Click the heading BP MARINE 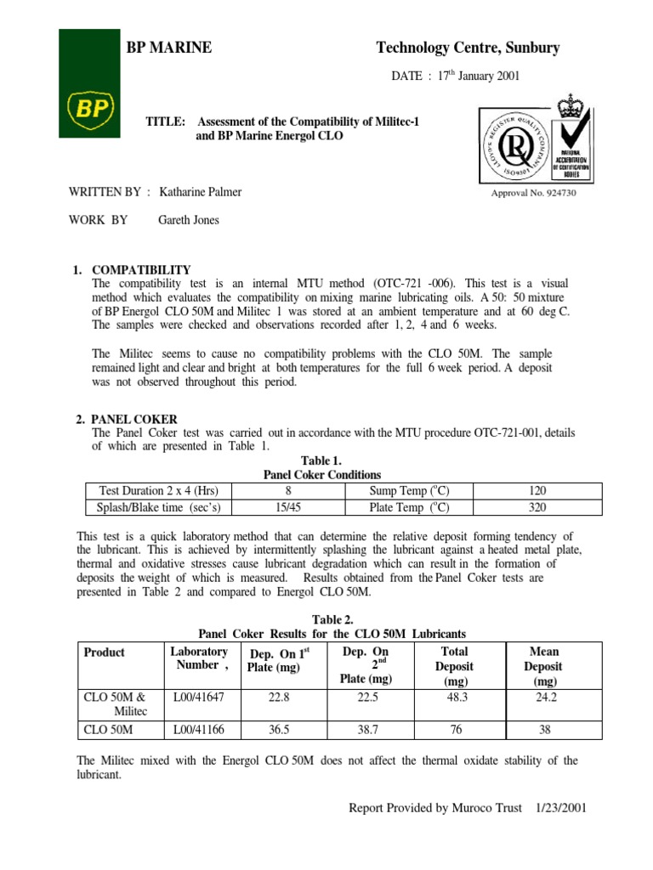(x=169, y=48)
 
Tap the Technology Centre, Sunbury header (x=468, y=48)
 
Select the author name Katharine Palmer (x=201, y=192)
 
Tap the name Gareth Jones (x=189, y=220)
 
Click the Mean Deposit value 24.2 (x=545, y=697)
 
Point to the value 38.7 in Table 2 (x=364, y=729)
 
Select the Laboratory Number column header (x=199, y=658)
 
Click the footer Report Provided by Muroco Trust (x=434, y=808)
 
